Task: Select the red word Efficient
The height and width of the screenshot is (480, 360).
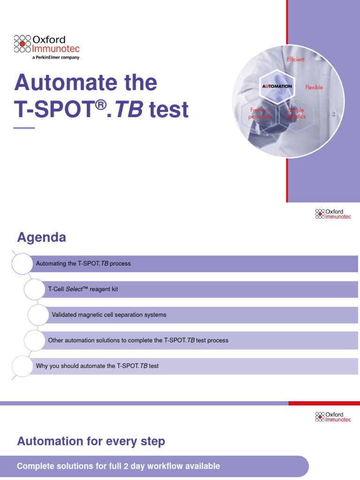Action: (295, 60)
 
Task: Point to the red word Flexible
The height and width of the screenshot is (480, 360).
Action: (314, 87)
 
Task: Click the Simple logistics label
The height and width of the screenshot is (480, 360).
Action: (296, 113)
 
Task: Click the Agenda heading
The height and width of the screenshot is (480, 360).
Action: (41, 238)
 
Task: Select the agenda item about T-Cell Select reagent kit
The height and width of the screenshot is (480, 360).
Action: (83, 289)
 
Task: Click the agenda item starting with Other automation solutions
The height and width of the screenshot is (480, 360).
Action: (138, 340)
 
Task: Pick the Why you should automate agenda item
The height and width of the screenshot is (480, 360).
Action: (97, 366)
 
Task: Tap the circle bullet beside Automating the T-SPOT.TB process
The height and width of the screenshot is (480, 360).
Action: (21, 264)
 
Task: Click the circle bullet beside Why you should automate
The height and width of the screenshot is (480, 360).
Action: (21, 366)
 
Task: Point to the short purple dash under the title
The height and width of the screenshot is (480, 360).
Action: (24, 128)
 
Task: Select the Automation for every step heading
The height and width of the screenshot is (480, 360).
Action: (91, 441)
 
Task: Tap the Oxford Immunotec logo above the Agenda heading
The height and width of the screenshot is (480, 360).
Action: (333, 214)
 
